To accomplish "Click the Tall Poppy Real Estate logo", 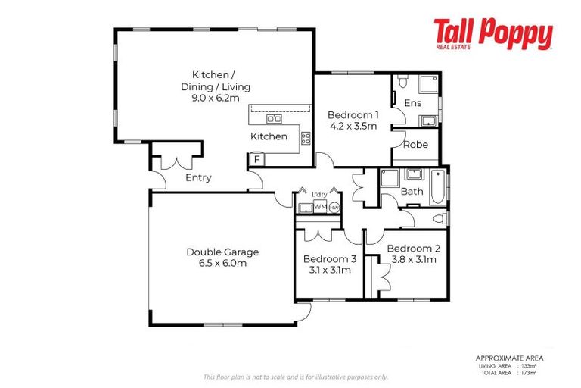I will click(492, 34).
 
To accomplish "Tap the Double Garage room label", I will click(222, 252).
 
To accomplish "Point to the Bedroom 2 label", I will click(413, 249).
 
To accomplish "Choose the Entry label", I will click(198, 178).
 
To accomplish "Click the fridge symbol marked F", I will click(257, 159).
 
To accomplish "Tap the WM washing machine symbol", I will click(320, 206).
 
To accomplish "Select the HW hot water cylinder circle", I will click(334, 206).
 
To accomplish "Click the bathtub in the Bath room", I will click(439, 189).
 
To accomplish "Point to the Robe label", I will click(415, 144).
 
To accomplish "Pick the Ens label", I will click(412, 102).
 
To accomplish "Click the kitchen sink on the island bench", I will click(274, 119).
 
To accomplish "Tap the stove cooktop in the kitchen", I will click(306, 138).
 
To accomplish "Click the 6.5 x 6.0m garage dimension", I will click(222, 263).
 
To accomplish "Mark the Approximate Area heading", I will click(508, 358).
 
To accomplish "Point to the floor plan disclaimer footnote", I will click(295, 377).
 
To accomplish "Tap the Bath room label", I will click(412, 192).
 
